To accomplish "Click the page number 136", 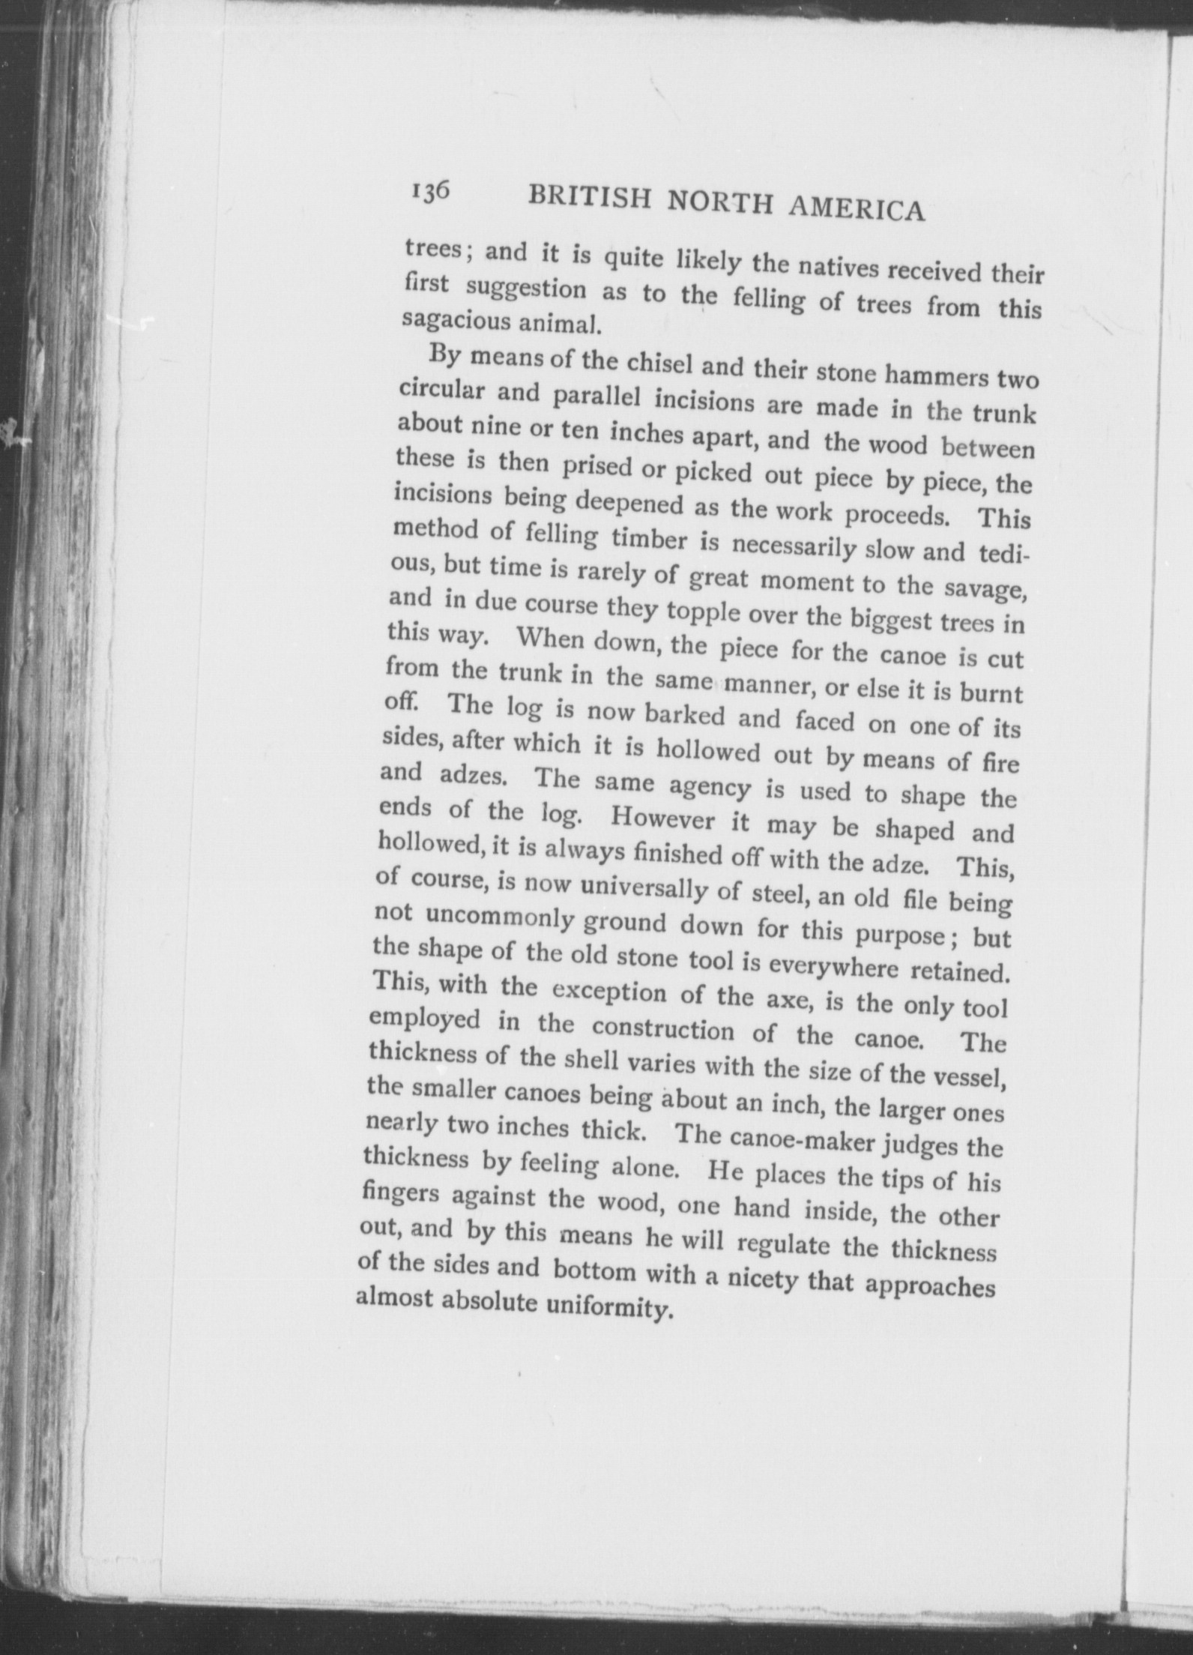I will point(429,192).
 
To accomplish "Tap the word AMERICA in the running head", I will point(857,210).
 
